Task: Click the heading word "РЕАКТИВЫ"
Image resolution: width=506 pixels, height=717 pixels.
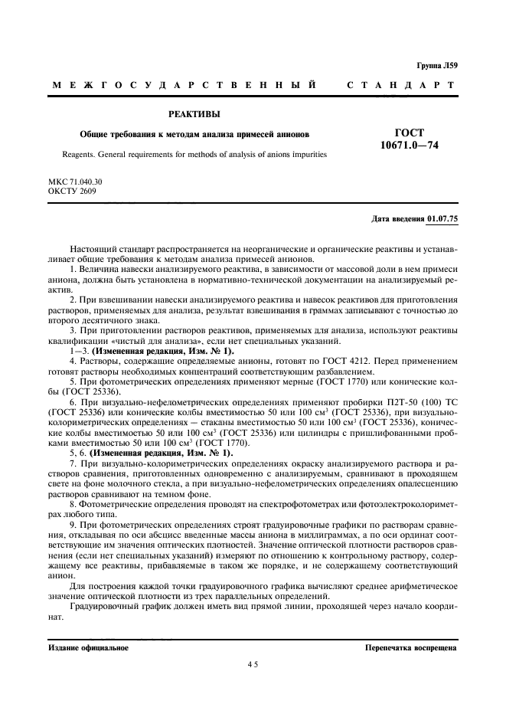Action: pyautogui.click(x=194, y=115)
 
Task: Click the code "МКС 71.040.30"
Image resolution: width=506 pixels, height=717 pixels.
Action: pyautogui.click(x=75, y=181)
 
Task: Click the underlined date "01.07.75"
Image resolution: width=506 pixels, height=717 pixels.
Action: pyautogui.click(x=442, y=219)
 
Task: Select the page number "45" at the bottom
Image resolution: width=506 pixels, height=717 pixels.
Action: pyautogui.click(x=253, y=665)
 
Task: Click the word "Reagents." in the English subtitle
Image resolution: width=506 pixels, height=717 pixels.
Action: pyautogui.click(x=80, y=154)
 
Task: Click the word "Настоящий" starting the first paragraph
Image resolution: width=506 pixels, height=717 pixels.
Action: pyautogui.click(x=93, y=250)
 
